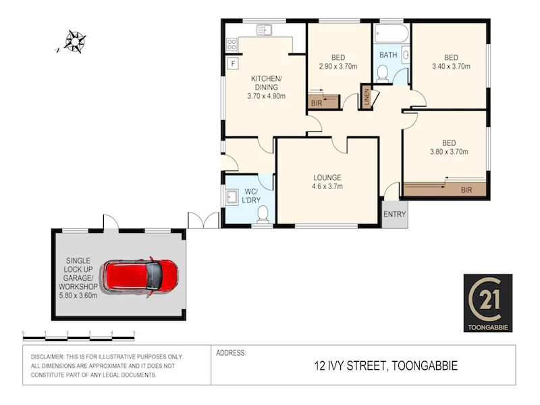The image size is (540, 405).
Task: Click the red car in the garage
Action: pos(140,275)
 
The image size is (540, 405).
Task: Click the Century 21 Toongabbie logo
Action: pos(487,303)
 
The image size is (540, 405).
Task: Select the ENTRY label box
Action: pos(395,214)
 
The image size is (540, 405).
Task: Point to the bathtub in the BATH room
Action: pos(391,34)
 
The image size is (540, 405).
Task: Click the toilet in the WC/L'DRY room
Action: pos(264,214)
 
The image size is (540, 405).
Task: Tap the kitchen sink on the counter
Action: pos(265,30)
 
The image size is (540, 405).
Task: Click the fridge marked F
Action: pos(233,64)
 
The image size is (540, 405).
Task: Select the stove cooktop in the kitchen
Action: pos(232,44)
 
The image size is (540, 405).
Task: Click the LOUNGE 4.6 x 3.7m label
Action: pos(327,182)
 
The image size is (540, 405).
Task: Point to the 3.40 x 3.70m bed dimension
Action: pos(451,66)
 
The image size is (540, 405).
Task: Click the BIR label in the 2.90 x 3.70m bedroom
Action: pos(317,103)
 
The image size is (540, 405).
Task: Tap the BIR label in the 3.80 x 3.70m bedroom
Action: pos(466,191)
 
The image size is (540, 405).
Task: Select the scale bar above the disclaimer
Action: pos(79,334)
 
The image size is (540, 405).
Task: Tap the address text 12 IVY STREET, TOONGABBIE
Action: pos(386,367)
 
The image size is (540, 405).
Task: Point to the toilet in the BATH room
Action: pos(382,73)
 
